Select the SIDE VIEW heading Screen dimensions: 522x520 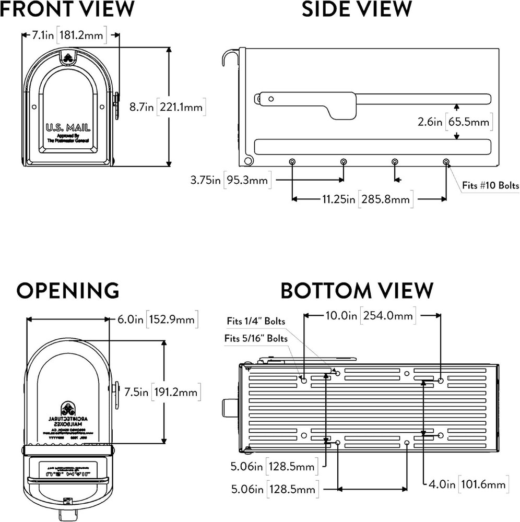pos(357,9)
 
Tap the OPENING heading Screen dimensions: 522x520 pos(67,290)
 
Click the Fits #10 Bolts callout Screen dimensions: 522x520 pos(490,185)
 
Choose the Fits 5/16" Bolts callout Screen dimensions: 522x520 pos(256,338)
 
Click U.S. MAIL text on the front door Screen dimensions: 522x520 pos(68,128)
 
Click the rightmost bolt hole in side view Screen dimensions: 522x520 pos(446,162)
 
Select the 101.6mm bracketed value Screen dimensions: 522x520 pos(483,484)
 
